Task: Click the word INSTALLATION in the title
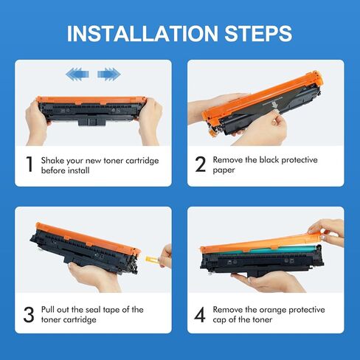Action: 142,33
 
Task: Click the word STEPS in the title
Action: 258,33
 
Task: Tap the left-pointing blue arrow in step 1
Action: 77,74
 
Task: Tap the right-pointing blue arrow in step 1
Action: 108,74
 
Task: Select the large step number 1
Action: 30,164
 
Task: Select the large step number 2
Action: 201,164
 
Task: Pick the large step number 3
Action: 29,314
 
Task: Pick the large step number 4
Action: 200,314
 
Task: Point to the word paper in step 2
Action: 224,170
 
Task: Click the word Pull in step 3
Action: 48,309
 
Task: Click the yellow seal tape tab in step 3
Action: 152,259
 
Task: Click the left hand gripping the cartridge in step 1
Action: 37,123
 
